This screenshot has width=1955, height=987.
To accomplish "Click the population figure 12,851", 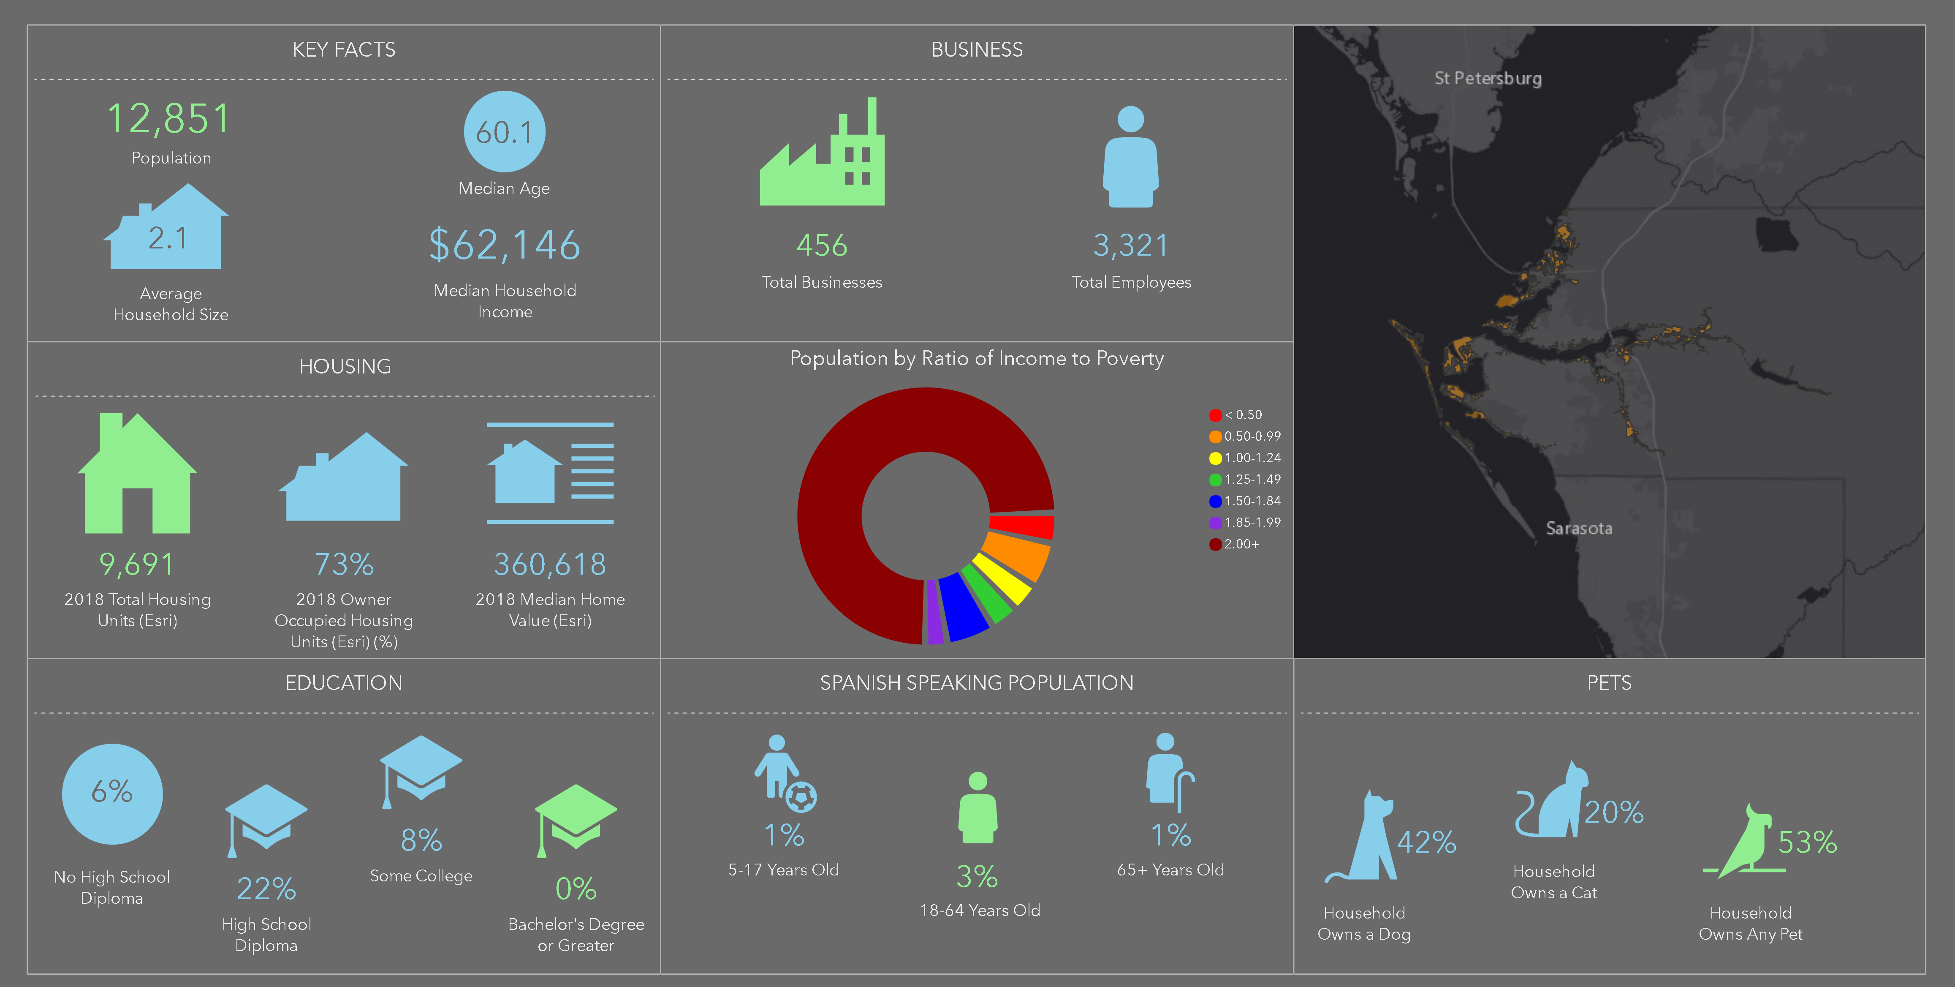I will pyautogui.click(x=168, y=119).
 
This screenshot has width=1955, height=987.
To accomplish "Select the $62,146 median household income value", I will pyautogui.click(x=505, y=245).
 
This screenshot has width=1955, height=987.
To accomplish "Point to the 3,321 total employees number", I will pyautogui.click(x=1130, y=245).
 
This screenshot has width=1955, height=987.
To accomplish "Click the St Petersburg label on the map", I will pyautogui.click(x=1488, y=78).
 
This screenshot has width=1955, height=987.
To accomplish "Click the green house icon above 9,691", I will pyautogui.click(x=137, y=474).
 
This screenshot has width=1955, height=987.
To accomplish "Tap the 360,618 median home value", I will pyautogui.click(x=550, y=564).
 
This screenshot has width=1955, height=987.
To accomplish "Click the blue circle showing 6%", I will pyautogui.click(x=112, y=793).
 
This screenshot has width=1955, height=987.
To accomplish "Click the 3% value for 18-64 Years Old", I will pyautogui.click(x=977, y=877).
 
